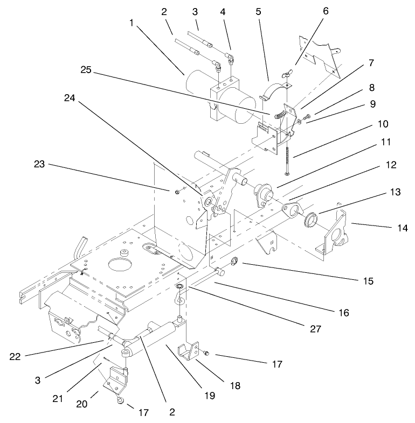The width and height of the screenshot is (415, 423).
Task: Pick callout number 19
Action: coord(209,396)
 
